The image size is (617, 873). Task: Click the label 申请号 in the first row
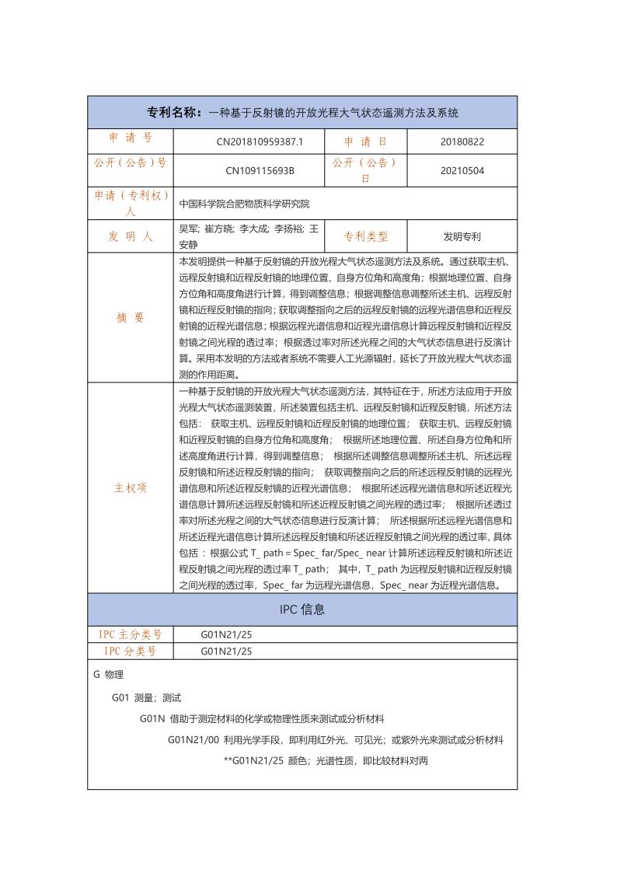[x=130, y=138]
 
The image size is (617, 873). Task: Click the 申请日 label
[x=365, y=141]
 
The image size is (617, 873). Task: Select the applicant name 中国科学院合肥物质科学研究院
[x=244, y=204]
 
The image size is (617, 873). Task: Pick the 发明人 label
[x=130, y=236]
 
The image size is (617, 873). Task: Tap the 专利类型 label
[x=365, y=236]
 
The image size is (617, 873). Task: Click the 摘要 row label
[x=130, y=318]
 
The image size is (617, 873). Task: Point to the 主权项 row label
[x=130, y=488]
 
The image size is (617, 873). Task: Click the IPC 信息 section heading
[x=302, y=609]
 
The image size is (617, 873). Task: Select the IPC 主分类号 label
[x=130, y=635]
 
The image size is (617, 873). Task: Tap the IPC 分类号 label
[x=130, y=651]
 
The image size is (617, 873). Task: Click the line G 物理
[x=108, y=675]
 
